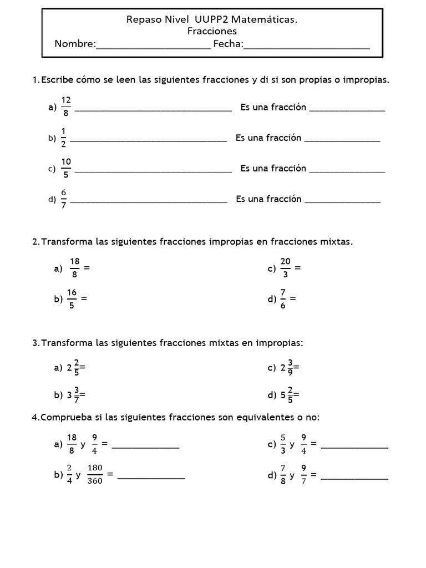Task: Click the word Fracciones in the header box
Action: coord(212,32)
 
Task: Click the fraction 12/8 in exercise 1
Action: coord(66,106)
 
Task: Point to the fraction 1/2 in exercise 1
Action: coord(63,138)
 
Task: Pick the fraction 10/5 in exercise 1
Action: coord(66,168)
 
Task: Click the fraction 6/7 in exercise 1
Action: coord(64,199)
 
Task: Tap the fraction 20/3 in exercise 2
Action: coord(285,268)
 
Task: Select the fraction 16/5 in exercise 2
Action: coord(72,298)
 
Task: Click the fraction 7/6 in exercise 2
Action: coord(283,298)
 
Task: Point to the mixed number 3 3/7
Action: coord(73,395)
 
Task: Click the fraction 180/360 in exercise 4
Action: coord(95,475)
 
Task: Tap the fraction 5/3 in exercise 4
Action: coord(283,444)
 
